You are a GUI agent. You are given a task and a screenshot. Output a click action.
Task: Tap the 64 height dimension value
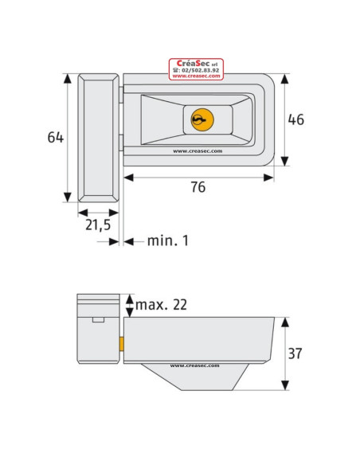pos(55,137)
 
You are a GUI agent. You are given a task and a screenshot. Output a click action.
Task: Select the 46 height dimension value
pos(297,119)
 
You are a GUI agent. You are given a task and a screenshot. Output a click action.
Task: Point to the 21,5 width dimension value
pos(98,225)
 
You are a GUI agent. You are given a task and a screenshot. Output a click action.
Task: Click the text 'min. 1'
pos(167,240)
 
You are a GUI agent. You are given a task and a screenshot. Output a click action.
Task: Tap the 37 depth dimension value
pos(297,353)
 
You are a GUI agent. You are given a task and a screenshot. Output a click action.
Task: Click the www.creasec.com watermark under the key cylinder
pos(197,150)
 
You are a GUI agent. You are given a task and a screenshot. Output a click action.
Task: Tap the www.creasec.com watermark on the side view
pos(195,366)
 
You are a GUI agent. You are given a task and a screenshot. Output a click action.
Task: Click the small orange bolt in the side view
pos(121,343)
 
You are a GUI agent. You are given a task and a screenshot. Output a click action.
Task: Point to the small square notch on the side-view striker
pos(98,320)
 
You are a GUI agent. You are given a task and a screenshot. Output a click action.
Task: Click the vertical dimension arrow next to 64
pos(68,137)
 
